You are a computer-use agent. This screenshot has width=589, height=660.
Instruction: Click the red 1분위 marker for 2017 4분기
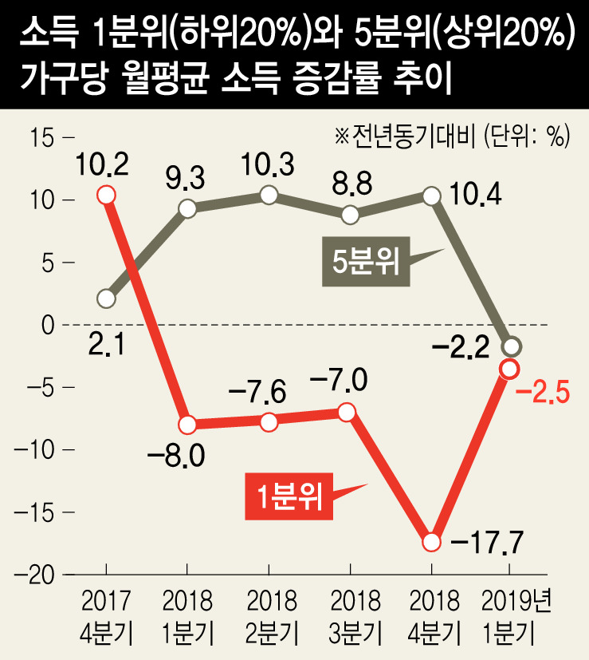pyautogui.click(x=106, y=195)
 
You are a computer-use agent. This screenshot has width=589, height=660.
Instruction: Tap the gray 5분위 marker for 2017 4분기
pyautogui.click(x=106, y=299)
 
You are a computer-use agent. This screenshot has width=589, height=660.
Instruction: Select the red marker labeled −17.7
pyautogui.click(x=431, y=542)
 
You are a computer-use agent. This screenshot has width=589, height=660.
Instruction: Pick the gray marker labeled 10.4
pyautogui.click(x=431, y=196)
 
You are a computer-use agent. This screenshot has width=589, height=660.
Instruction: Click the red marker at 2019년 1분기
pyautogui.click(x=510, y=368)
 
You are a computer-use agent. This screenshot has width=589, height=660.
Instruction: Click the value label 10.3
pyautogui.click(x=269, y=164)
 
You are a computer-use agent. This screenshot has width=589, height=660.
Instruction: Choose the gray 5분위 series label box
pyautogui.click(x=366, y=263)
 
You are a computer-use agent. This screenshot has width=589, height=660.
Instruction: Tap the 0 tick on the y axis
pyautogui.click(x=46, y=325)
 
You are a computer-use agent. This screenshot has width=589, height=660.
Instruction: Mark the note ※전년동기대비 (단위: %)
pyautogui.click(x=452, y=136)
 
